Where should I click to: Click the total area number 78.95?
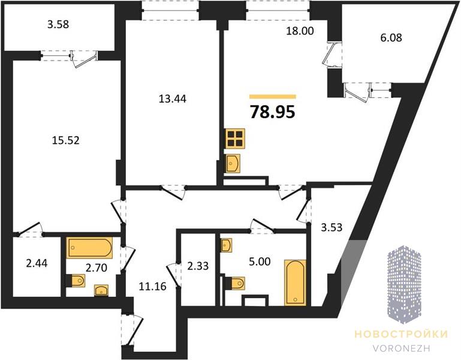[x=272, y=112]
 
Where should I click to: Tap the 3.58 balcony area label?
[x=58, y=25]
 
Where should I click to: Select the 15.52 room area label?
[x=65, y=140]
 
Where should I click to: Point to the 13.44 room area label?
[x=172, y=99]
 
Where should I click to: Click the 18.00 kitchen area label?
[x=300, y=31]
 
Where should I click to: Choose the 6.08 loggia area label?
[x=391, y=38]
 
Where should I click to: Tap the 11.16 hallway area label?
[x=152, y=286]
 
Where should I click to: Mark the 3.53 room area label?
[x=332, y=227]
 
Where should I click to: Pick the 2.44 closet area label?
[x=37, y=263]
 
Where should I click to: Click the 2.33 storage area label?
[x=198, y=266]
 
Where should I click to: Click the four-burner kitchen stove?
[x=235, y=139]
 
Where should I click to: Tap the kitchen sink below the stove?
[x=233, y=163]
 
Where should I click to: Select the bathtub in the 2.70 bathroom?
[x=89, y=248]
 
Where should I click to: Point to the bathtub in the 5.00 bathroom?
[x=295, y=283]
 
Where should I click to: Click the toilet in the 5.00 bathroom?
[x=236, y=283]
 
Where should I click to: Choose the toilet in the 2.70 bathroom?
[x=76, y=281]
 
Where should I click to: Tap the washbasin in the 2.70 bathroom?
[x=101, y=290]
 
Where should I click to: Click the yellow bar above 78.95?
[x=273, y=96]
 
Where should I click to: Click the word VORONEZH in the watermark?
[x=401, y=348]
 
